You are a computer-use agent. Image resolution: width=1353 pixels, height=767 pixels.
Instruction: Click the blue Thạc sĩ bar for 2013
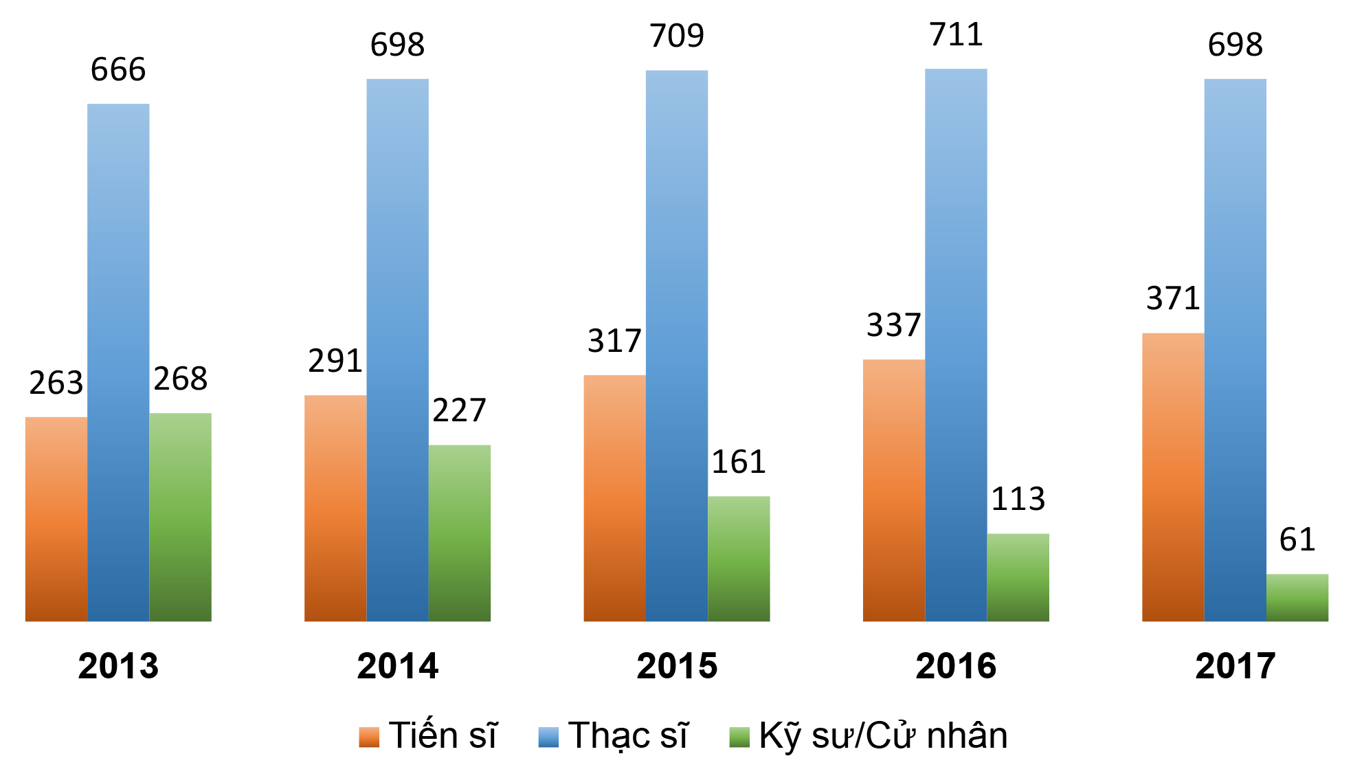(118, 362)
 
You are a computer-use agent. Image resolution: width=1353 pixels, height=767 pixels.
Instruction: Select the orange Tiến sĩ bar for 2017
(1173, 477)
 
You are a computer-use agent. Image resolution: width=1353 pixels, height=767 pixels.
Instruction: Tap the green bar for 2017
(1297, 597)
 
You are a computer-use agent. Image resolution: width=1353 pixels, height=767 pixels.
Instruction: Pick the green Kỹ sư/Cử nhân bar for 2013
(180, 517)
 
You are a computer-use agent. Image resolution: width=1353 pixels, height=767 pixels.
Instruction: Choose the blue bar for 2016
(956, 345)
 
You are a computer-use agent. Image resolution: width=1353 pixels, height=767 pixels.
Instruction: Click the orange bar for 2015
(614, 498)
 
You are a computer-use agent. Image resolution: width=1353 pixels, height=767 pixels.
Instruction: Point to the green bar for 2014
(459, 533)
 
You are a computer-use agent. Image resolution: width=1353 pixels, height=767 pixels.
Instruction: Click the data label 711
(956, 34)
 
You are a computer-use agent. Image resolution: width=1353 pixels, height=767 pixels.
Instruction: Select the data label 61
(1297, 540)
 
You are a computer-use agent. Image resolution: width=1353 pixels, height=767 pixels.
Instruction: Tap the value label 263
(56, 383)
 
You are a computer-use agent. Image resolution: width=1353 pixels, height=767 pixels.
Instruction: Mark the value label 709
(677, 36)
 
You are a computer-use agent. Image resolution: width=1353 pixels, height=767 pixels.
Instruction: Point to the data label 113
(1018, 499)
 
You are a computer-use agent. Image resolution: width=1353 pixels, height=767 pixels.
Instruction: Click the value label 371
(1173, 298)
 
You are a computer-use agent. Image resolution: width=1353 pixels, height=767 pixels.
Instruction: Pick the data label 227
(459, 410)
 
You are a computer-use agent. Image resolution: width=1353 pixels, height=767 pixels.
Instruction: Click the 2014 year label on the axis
(397, 666)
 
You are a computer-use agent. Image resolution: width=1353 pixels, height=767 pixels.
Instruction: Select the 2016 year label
(956, 666)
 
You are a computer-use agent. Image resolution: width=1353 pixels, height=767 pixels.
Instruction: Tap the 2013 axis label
(118, 666)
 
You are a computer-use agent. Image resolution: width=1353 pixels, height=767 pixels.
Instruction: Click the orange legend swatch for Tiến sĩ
(369, 737)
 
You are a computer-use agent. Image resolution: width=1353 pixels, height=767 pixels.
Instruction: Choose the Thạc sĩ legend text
(627, 735)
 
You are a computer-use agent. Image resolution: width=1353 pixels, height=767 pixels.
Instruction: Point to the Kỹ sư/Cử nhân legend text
(883, 735)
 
